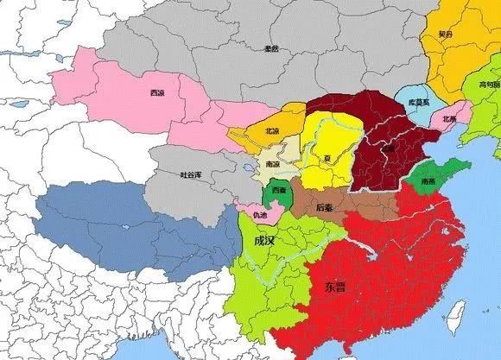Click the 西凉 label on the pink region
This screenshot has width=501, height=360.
coord(156,92)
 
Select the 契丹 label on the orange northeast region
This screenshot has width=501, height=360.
coord(445,35)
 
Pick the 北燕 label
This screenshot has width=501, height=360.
coord(449,118)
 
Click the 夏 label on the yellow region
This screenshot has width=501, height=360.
coord(326,158)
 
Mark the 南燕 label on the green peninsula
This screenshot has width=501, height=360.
coord(428,183)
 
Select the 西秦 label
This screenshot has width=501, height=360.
coord(278,188)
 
